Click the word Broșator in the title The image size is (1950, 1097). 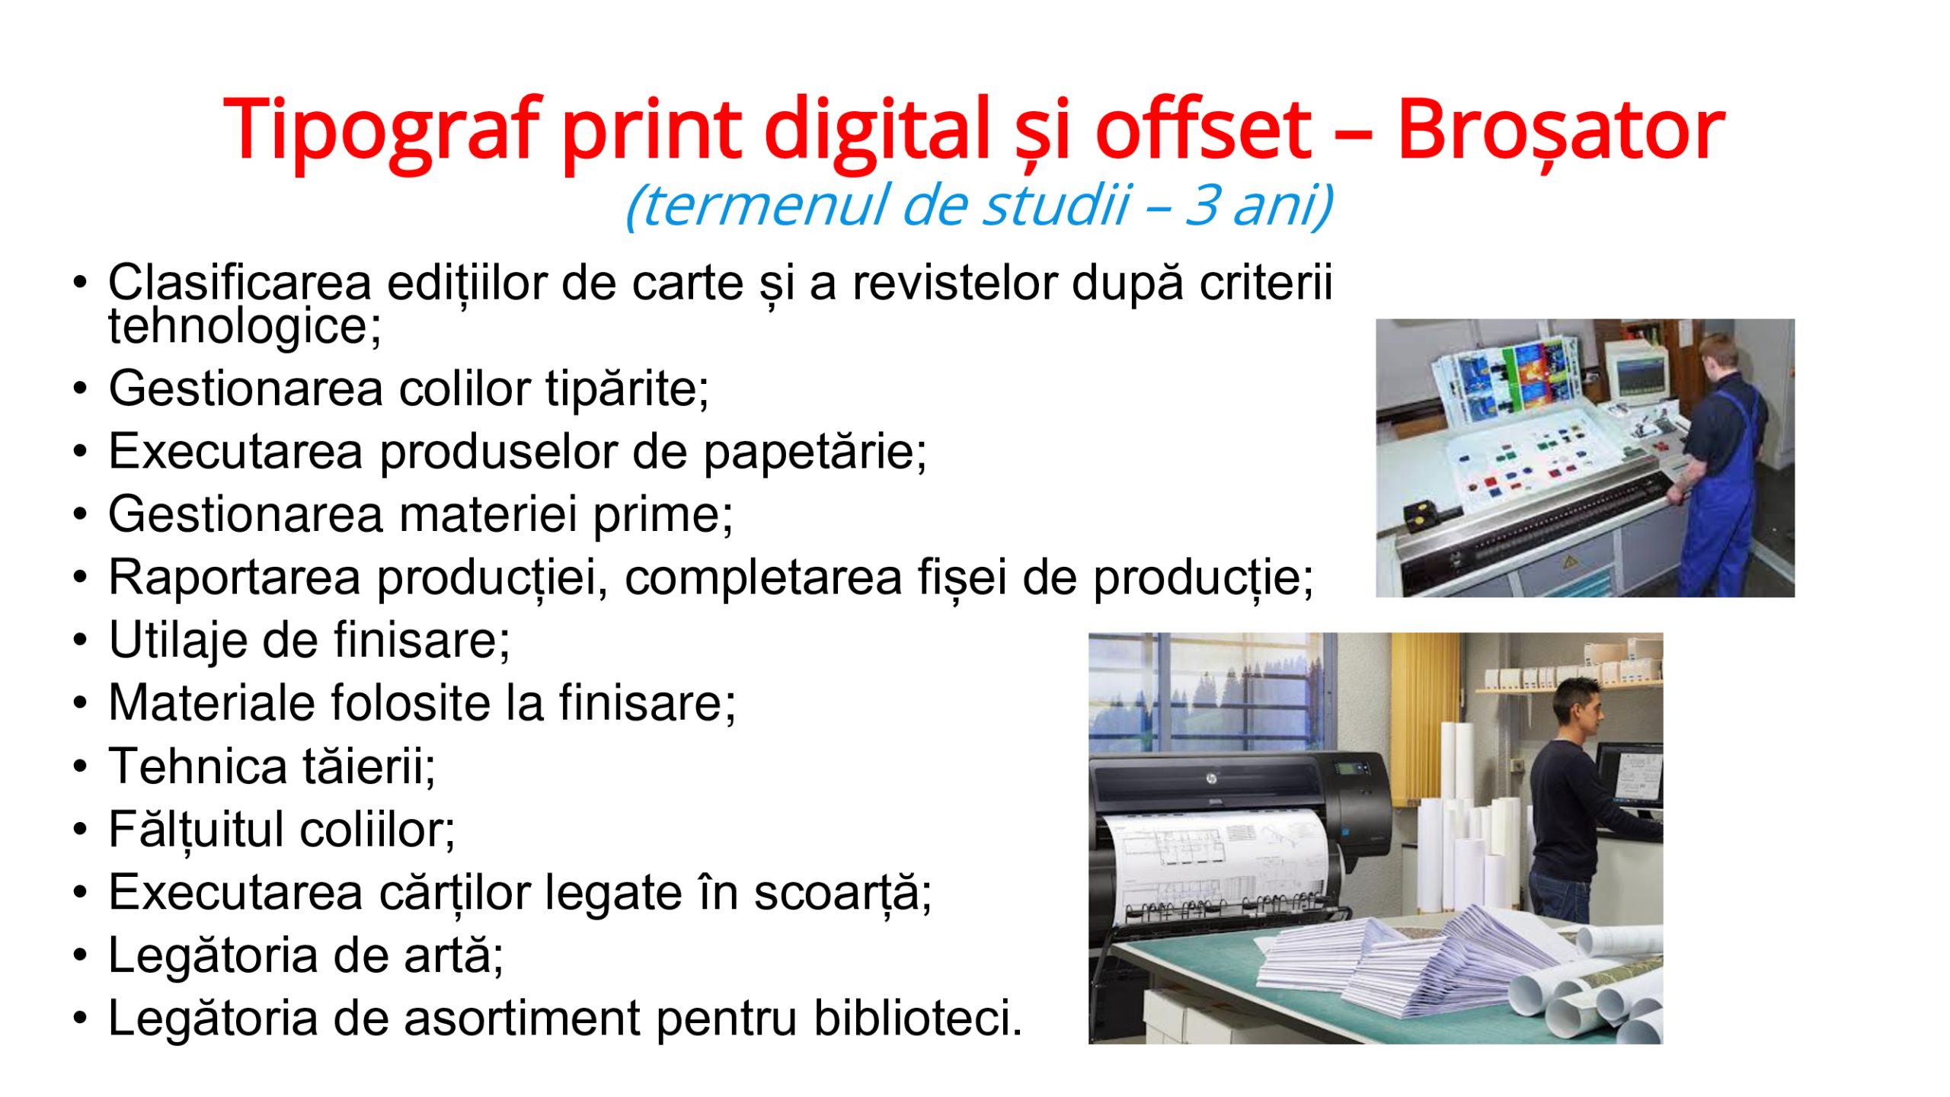[x=1561, y=130]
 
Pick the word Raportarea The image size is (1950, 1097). [x=234, y=578]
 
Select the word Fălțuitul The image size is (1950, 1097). [x=196, y=830]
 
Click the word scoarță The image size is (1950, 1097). [x=842, y=893]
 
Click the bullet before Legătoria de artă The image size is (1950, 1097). [x=81, y=955]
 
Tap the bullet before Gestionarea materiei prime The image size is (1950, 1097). [x=81, y=515]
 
